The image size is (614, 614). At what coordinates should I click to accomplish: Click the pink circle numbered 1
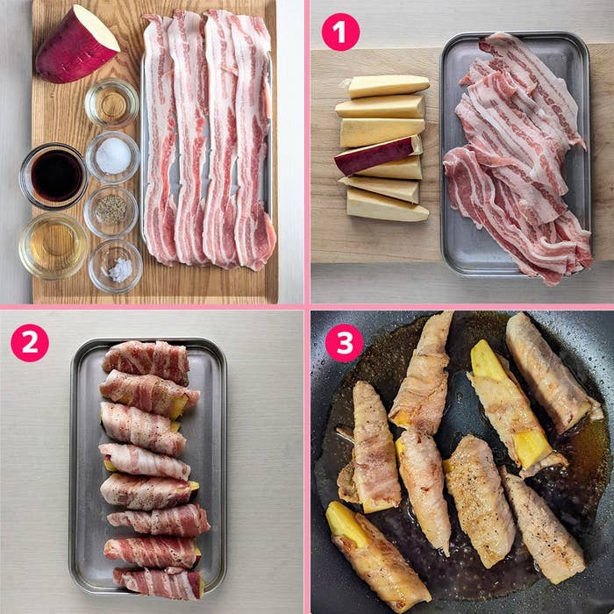[340, 32]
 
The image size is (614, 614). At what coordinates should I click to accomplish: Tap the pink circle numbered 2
[30, 343]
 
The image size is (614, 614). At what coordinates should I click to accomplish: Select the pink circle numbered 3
[344, 343]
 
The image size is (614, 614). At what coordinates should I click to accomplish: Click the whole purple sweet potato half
[77, 45]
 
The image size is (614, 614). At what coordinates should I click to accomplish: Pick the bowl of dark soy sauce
[54, 176]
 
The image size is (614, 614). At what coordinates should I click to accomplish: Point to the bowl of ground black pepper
[111, 211]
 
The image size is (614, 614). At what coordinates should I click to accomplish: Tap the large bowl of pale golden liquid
[54, 246]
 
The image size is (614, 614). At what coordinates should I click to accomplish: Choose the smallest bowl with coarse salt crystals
[116, 267]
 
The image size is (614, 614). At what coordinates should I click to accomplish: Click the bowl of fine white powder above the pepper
[113, 157]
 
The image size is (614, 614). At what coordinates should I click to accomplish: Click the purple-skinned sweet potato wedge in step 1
[378, 154]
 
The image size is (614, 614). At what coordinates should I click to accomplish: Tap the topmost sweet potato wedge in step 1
[388, 86]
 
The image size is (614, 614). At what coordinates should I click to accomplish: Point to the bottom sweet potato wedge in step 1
[387, 204]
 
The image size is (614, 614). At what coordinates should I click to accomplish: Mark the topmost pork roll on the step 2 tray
[146, 361]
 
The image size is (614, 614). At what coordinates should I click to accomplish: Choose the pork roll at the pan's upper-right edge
[552, 373]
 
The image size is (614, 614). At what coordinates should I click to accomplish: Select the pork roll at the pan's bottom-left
[377, 555]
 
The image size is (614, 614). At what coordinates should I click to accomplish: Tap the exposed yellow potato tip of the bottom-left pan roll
[346, 523]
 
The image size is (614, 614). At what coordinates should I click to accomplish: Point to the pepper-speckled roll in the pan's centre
[479, 500]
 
